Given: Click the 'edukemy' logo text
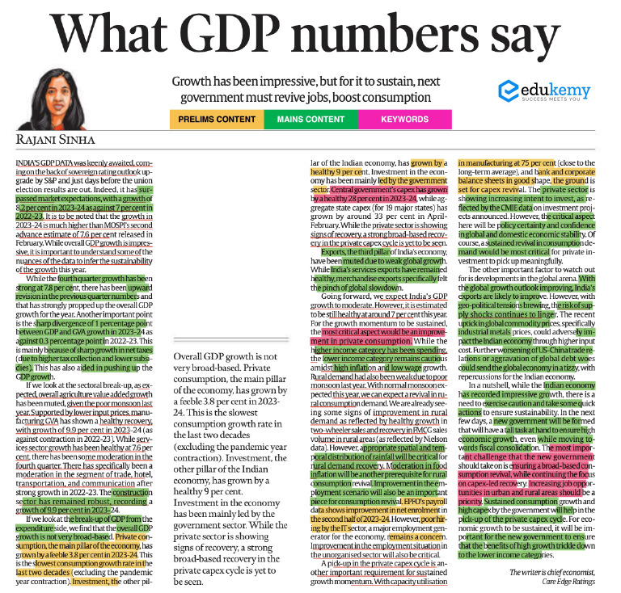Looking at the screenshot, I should [559, 90].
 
